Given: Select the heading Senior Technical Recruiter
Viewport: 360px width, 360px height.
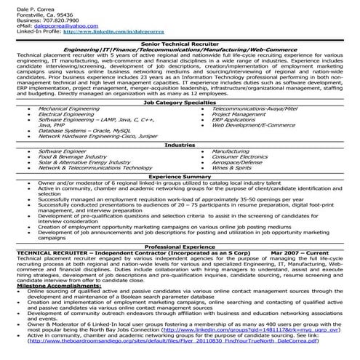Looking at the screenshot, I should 180,44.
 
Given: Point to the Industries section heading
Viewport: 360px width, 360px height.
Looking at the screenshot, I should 180,145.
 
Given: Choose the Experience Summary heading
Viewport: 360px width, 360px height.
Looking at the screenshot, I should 180,176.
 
